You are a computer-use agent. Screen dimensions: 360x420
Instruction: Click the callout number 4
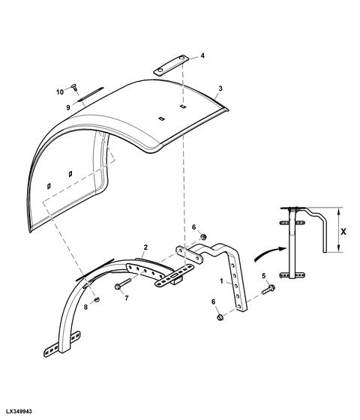tap(202, 55)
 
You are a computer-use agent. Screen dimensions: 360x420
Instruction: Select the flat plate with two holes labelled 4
tap(170, 66)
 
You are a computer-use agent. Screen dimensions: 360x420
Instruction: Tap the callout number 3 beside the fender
tap(220, 88)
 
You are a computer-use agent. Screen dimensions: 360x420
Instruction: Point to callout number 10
tap(60, 92)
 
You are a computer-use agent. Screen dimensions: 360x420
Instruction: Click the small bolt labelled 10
tap(74, 87)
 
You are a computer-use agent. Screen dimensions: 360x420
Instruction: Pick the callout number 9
tap(68, 108)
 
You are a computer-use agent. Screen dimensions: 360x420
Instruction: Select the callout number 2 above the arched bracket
tap(145, 247)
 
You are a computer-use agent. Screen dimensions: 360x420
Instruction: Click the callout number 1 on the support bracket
tap(221, 281)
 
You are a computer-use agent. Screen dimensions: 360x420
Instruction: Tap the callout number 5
tap(263, 276)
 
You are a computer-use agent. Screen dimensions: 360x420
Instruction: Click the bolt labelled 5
tap(268, 289)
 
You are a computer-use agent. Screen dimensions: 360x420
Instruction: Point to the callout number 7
tap(127, 298)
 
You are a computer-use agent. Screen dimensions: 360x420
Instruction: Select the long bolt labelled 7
tap(122, 283)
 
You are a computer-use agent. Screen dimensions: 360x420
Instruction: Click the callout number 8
tap(85, 307)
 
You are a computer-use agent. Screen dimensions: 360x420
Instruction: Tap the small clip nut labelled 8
tap(97, 299)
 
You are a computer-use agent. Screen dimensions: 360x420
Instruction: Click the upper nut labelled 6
tap(203, 237)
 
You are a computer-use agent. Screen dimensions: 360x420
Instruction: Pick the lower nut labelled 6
tap(220, 318)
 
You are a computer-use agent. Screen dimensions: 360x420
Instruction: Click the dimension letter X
tap(343, 232)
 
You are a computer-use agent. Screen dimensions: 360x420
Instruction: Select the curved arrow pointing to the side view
tap(269, 253)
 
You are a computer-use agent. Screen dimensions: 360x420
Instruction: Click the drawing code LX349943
tap(19, 411)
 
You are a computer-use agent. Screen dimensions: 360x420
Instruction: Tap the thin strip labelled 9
tap(90, 94)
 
